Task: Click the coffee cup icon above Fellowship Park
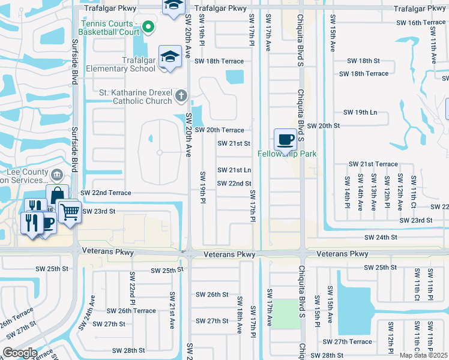click(286, 139)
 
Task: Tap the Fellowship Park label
click(287, 154)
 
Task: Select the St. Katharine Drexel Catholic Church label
click(136, 97)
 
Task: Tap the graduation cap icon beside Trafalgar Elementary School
click(170, 57)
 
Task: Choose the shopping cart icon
click(70, 211)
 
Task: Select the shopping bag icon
click(57, 195)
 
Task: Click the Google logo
click(20, 352)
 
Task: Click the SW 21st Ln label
click(234, 170)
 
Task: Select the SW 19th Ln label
click(360, 113)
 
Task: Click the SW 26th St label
click(212, 295)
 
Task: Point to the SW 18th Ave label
click(239, 311)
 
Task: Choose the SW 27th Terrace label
click(354, 342)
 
